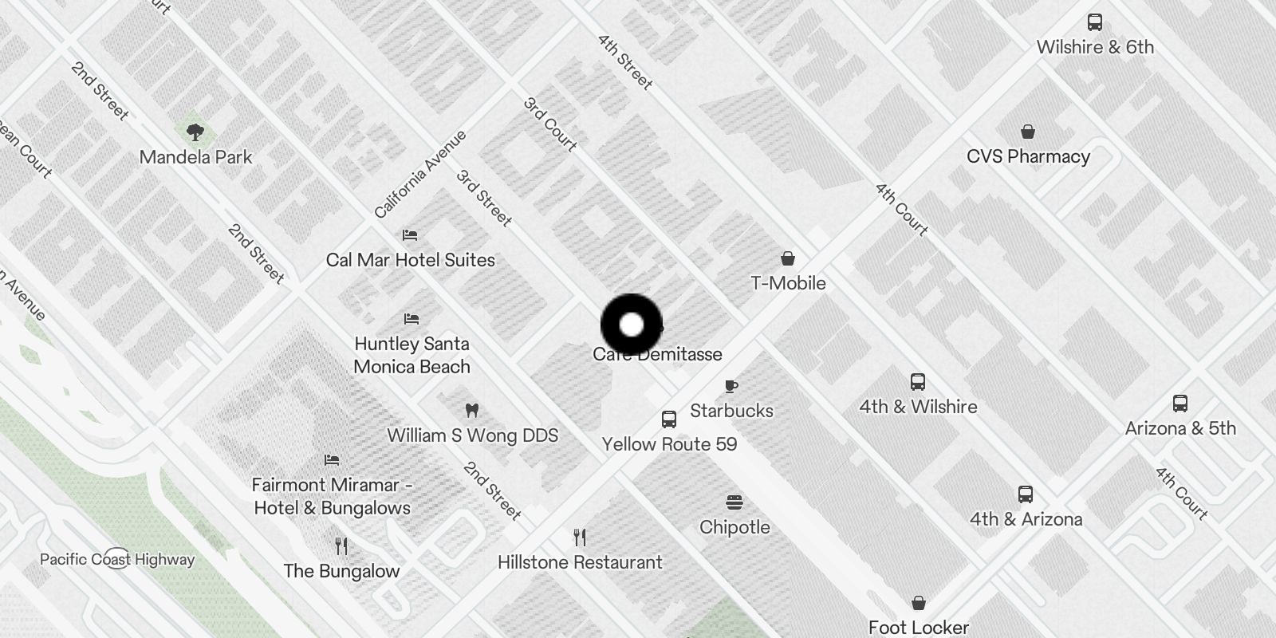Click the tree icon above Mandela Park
pos(195,132)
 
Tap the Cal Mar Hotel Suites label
pos(410,260)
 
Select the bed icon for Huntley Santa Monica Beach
pos(412,319)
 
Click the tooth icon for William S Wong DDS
pos(471,411)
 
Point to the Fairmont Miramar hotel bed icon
pos(332,460)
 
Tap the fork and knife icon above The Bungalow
pos(341,546)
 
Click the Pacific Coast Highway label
pos(117,559)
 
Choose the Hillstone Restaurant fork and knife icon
pos(580,538)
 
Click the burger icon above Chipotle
pos(734,502)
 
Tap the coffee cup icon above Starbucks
pos(731,387)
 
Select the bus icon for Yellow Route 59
pos(669,419)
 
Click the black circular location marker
pos(632,325)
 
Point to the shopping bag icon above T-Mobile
pos(788,258)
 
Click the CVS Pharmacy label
pos(1028,156)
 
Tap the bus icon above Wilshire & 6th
pos(1095,22)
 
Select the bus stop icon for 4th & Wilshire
pos(918,382)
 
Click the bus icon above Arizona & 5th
pos(1180,404)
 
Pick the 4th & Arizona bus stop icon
pos(1026,494)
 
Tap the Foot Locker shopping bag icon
pos(919,603)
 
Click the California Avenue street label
pos(420,175)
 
